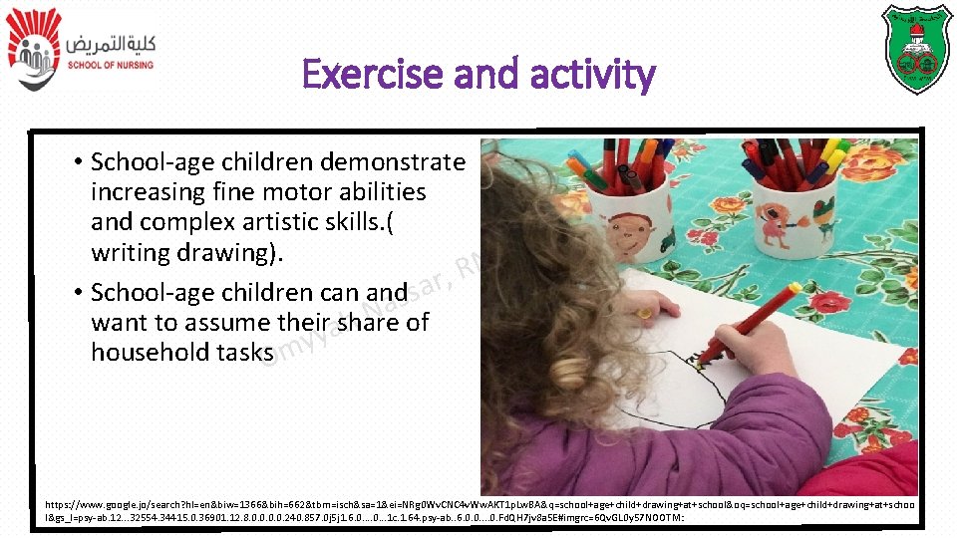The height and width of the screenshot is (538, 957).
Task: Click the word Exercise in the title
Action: [x=371, y=75]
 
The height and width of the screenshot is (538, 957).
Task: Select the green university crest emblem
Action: [x=916, y=49]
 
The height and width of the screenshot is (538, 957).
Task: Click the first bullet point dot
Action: [x=77, y=162]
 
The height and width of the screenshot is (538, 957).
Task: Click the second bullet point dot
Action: [x=77, y=293]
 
